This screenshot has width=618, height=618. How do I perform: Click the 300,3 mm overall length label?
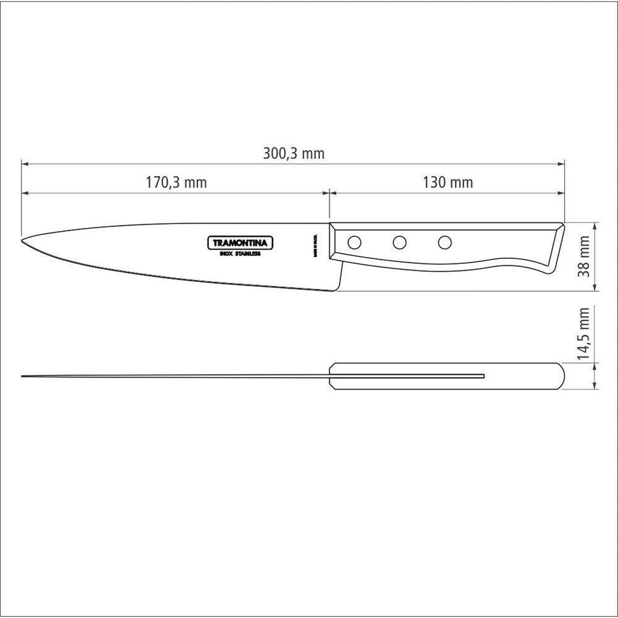[293, 154]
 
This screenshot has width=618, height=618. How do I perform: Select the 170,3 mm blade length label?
[176, 183]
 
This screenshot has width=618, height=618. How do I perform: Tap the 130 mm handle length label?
[447, 183]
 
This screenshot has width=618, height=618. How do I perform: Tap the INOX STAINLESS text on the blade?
[240, 254]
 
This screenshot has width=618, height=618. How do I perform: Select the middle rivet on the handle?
[399, 243]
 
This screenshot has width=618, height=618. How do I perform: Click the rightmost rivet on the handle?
[444, 243]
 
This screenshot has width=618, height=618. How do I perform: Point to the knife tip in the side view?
[23, 240]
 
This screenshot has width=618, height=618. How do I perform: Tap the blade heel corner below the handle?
[339, 290]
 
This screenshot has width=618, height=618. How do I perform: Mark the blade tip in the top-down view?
[23, 376]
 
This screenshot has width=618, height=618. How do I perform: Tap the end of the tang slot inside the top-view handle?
[483, 376]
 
